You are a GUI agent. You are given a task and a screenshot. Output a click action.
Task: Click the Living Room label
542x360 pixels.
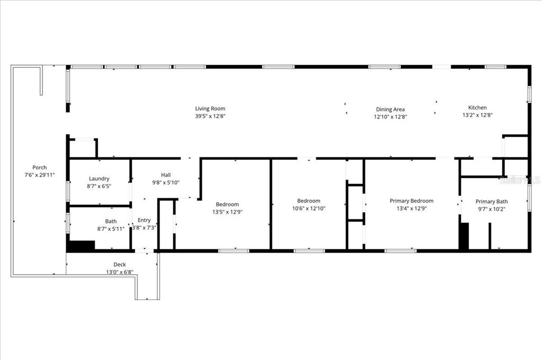210,109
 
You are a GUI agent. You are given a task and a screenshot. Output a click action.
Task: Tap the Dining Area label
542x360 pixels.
391,110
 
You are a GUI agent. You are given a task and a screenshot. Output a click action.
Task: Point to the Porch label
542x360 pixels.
40,167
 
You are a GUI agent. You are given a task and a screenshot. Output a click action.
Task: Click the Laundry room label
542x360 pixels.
99,179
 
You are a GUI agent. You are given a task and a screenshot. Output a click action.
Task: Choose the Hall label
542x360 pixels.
166,175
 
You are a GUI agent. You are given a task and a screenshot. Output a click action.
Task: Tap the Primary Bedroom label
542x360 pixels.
411,201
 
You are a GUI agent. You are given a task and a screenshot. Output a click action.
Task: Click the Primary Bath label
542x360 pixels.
491,201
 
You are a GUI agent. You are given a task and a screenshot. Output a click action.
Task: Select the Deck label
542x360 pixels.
120,265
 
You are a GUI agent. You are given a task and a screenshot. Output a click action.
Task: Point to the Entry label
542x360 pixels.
144,220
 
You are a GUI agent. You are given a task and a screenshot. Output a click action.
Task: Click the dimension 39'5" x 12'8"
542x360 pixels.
210,116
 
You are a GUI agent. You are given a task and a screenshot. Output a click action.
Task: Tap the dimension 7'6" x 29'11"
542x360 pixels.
40,175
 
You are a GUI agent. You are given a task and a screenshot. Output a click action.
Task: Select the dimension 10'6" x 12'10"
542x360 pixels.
308,209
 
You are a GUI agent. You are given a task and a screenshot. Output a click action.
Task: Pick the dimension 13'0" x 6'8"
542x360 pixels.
120,272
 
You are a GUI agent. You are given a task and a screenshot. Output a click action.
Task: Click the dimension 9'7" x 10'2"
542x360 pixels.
491,209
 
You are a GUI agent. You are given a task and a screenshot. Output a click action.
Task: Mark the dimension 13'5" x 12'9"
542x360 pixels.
227,212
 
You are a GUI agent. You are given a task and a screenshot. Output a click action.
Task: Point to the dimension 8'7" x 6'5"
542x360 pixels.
99,186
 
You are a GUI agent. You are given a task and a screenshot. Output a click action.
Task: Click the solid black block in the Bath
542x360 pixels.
80,246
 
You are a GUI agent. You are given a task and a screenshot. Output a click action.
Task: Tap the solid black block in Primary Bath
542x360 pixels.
464,236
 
